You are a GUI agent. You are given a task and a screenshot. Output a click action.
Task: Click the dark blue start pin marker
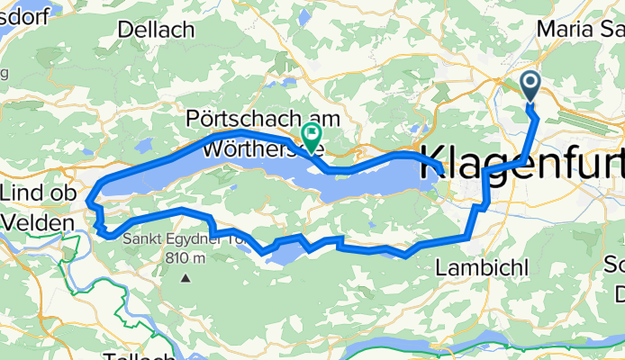pos(530,87)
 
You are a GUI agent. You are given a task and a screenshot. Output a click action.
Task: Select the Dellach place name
pos(155,30)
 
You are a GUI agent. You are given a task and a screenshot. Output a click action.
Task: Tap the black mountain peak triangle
pos(185,277)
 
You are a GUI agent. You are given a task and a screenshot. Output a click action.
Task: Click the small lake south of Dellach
pos(144,145)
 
